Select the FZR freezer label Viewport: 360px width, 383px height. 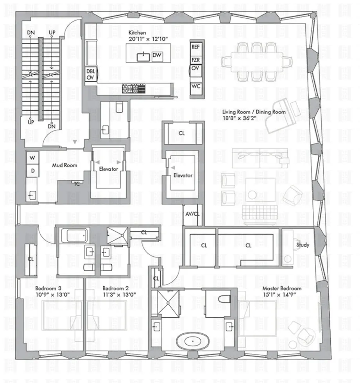[x=196, y=60]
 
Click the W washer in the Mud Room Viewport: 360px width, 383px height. [x=32, y=158]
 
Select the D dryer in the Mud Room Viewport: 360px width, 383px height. [x=32, y=170]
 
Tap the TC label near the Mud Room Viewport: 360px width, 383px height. [x=77, y=184]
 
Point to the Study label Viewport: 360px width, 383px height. [x=303, y=245]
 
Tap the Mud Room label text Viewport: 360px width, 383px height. [x=65, y=165]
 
